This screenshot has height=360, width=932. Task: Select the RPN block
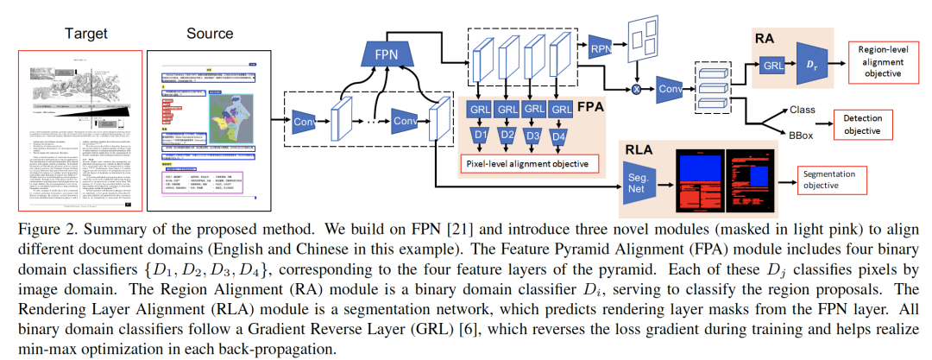coord(601,49)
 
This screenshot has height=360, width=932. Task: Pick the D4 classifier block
coord(562,137)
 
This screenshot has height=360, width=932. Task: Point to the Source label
coord(210,34)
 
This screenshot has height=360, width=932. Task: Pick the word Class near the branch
coord(802,111)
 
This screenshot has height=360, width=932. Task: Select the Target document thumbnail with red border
coord(79,129)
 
